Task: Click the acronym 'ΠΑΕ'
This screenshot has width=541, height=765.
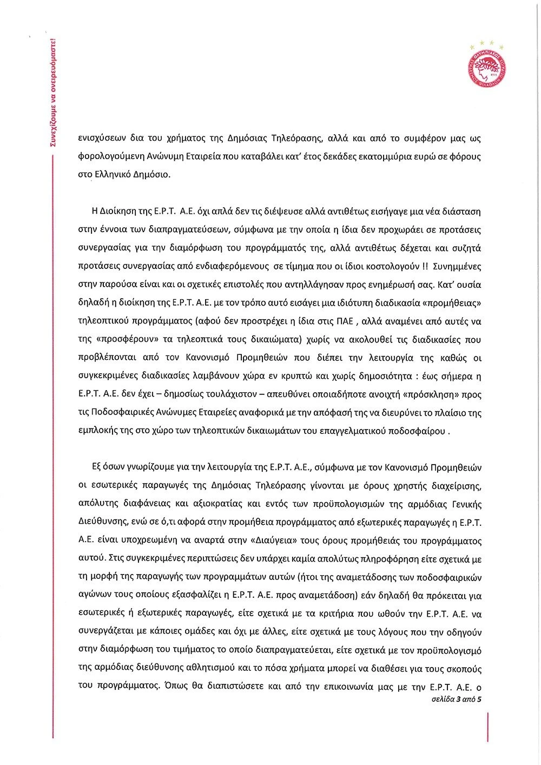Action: [343, 321]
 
